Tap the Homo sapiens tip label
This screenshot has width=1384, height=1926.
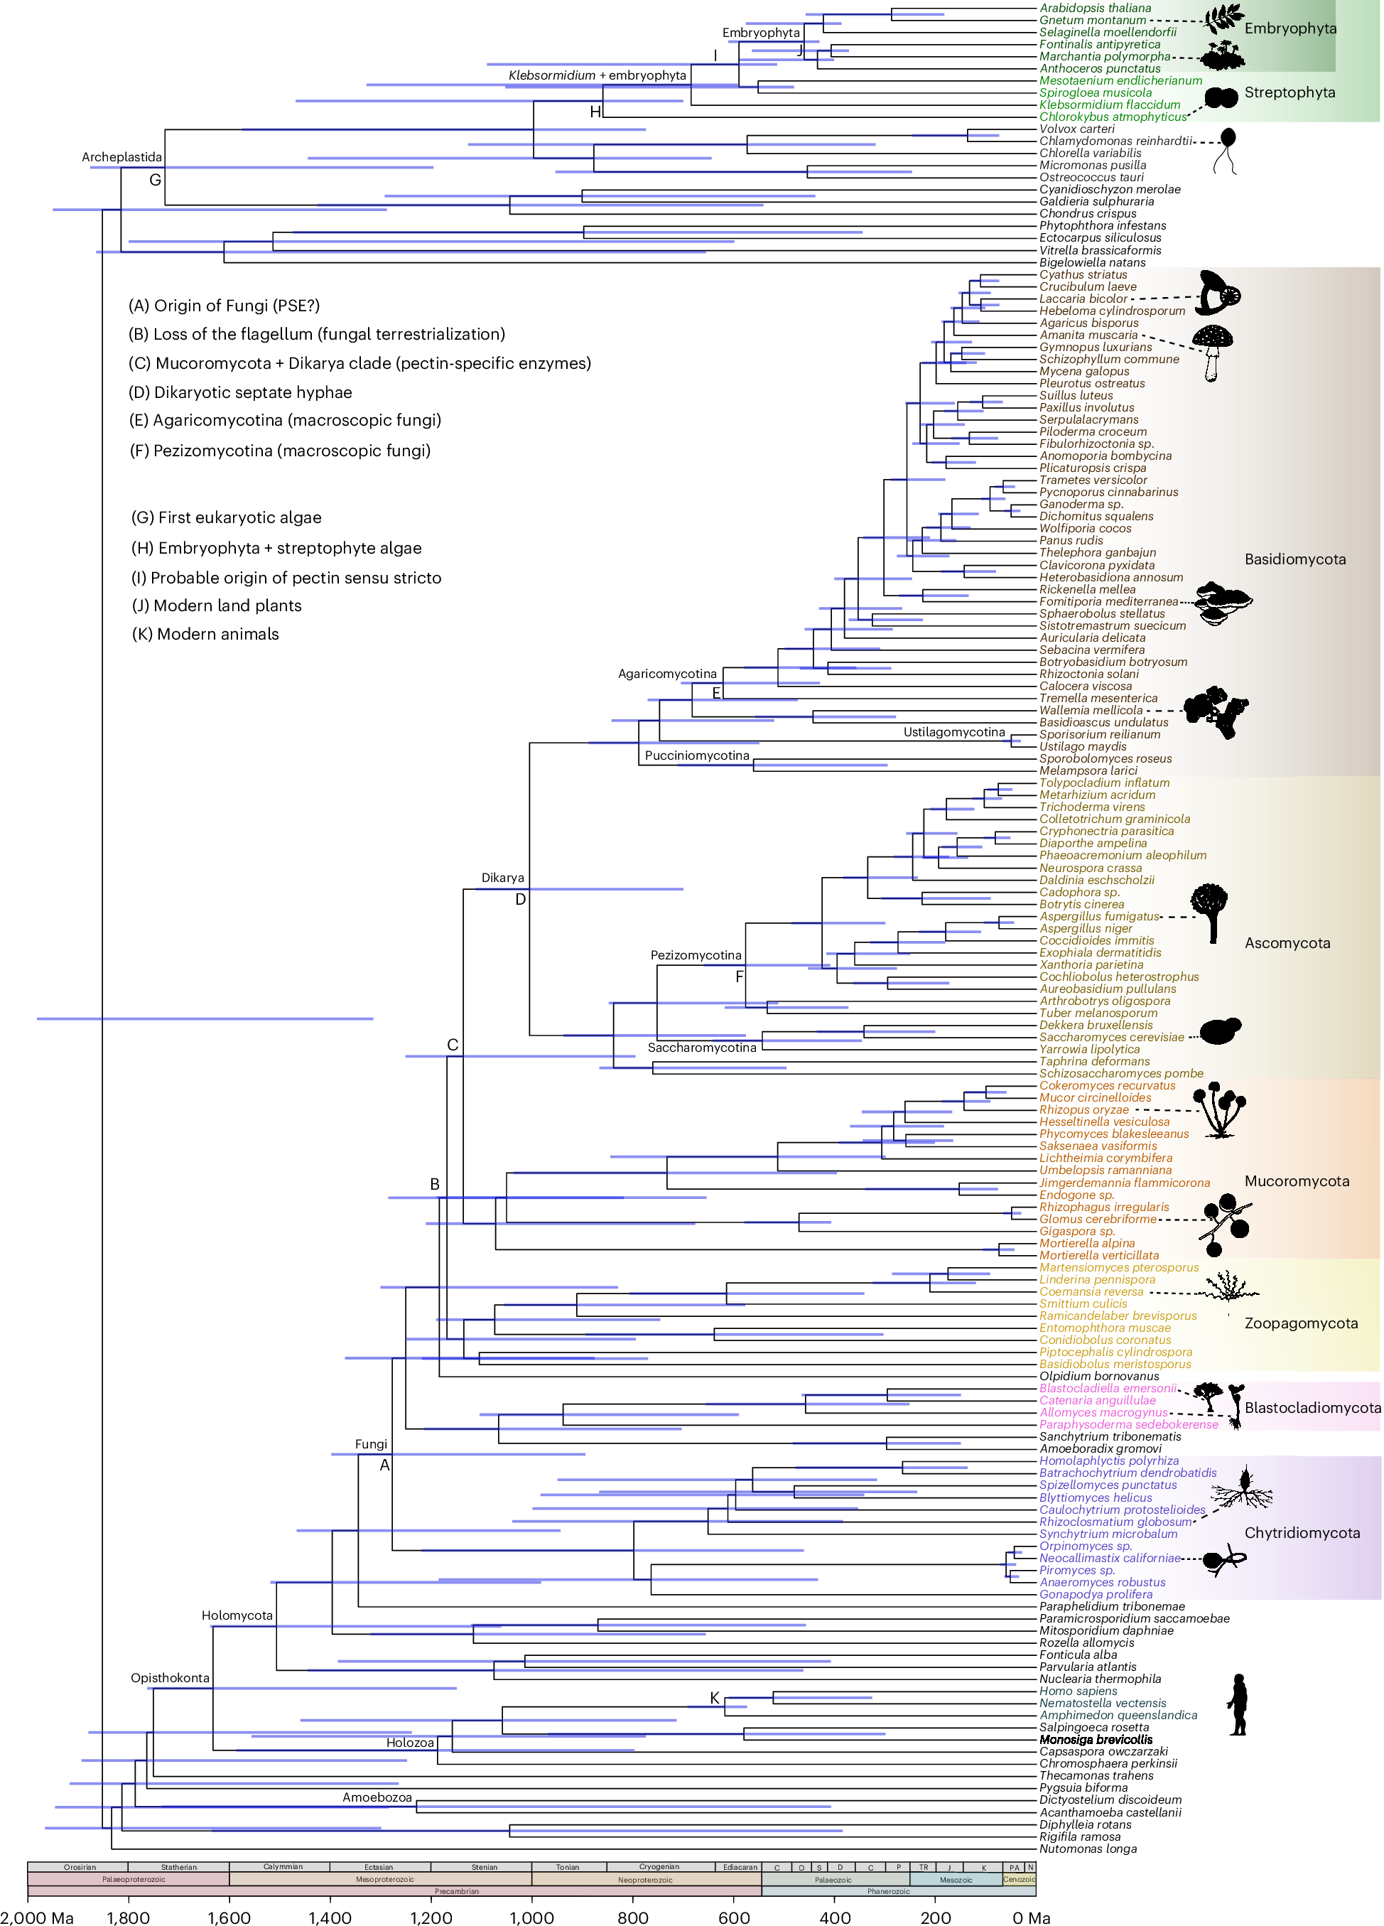click(x=1078, y=1691)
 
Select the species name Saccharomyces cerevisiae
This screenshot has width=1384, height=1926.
click(x=1110, y=1037)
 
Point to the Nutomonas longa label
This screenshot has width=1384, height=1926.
click(x=1088, y=1849)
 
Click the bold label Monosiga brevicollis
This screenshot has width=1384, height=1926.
click(x=1096, y=1739)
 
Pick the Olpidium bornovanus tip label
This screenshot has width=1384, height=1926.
click(x=1098, y=1376)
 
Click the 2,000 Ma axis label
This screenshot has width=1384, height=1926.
click(x=38, y=1917)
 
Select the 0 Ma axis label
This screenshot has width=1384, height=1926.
click(x=1031, y=1917)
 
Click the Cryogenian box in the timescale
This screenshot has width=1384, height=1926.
click(x=659, y=1866)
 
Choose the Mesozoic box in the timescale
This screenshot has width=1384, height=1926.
click(x=956, y=1879)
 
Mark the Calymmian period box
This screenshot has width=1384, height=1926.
click(x=283, y=1866)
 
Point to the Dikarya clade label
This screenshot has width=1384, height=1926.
click(x=502, y=877)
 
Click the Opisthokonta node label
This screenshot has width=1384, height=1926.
click(x=170, y=1677)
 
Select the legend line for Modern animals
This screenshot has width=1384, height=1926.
click(x=205, y=633)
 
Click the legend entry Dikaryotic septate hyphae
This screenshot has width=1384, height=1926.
click(x=240, y=392)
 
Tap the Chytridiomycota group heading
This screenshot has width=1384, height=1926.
click(x=1302, y=1532)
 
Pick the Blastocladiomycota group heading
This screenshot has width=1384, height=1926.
click(x=1312, y=1407)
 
